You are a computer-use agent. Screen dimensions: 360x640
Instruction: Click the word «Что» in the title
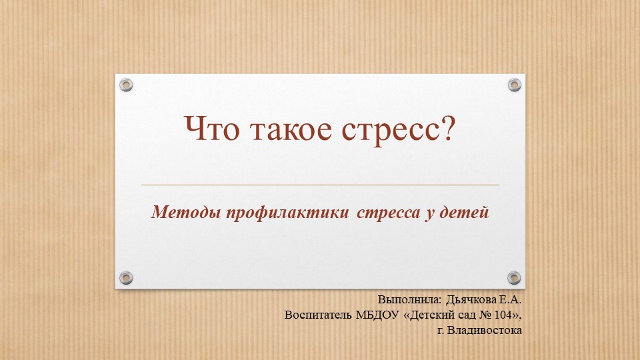point(213,130)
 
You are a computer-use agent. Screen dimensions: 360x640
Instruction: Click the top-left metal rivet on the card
point(126,85)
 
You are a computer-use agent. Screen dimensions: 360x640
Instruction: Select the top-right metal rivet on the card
point(514,85)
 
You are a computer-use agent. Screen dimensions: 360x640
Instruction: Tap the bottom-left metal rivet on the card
point(126,277)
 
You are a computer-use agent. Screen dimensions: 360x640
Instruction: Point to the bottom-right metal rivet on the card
point(514,277)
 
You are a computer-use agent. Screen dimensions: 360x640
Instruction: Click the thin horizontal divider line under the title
point(320,185)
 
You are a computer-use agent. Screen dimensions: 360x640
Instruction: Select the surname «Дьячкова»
point(464,300)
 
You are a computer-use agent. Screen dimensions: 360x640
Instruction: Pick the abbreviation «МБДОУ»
point(377,315)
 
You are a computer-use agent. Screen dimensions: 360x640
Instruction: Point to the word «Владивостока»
point(488,329)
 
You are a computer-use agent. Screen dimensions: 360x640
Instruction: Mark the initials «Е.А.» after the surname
point(511,300)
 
